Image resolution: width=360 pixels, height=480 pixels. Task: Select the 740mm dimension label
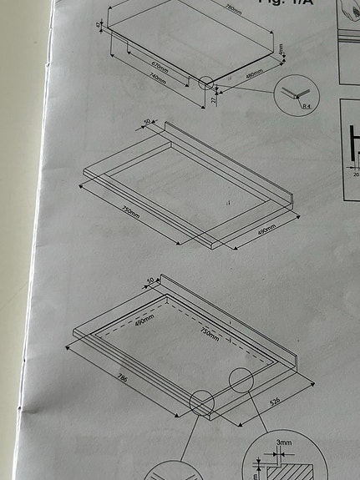click(155, 81)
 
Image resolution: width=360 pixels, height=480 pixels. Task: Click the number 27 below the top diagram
click(213, 99)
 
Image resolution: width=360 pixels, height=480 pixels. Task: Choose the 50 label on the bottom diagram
click(151, 280)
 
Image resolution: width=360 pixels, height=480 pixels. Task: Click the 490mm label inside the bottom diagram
click(144, 320)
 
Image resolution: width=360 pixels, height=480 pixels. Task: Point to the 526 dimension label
click(272, 403)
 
